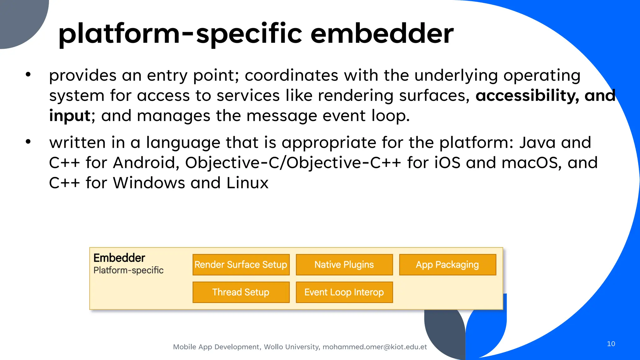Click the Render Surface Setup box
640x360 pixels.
tap(241, 265)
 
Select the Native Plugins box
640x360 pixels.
tap(344, 265)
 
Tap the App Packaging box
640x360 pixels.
tap(447, 265)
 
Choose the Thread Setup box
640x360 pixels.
tap(241, 292)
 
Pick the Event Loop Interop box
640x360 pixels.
tap(344, 292)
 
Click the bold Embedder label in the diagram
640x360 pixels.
tap(119, 258)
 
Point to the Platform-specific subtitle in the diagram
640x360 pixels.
tap(128, 270)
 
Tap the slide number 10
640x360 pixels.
tap(611, 344)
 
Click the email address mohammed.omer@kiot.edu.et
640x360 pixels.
tap(375, 347)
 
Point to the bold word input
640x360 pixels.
tap(70, 116)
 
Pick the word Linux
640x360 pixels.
tap(247, 183)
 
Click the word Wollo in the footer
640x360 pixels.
tap(273, 347)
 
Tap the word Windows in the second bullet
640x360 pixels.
tap(149, 183)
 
